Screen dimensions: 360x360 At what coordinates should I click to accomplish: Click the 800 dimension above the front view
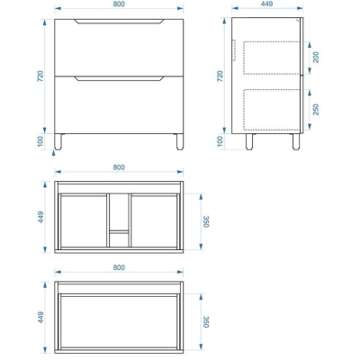119,4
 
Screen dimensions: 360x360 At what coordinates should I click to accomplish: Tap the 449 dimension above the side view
267,4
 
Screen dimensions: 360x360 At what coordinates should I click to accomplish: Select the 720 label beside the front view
40,76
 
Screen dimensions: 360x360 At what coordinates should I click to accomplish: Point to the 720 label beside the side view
220,76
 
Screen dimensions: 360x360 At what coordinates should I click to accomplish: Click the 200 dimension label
316,57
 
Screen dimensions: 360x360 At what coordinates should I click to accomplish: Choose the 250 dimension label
316,110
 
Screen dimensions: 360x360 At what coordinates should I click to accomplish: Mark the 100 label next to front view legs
40,141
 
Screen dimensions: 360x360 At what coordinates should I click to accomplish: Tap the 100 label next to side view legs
220,141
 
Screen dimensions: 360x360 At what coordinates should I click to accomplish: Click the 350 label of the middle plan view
206,221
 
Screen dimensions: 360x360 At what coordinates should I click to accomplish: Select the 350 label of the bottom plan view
206,321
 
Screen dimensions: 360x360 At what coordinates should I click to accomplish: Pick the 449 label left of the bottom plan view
40,318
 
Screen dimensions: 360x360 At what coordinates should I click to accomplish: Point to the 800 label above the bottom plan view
119,267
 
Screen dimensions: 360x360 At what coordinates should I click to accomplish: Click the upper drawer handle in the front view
119,22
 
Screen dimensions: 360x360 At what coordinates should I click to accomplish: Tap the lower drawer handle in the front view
119,78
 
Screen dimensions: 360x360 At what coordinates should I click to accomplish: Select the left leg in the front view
58,141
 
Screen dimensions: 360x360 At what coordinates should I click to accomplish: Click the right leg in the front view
180,141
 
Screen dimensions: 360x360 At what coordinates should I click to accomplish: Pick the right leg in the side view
296,141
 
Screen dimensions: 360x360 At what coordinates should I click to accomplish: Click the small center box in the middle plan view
119,238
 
